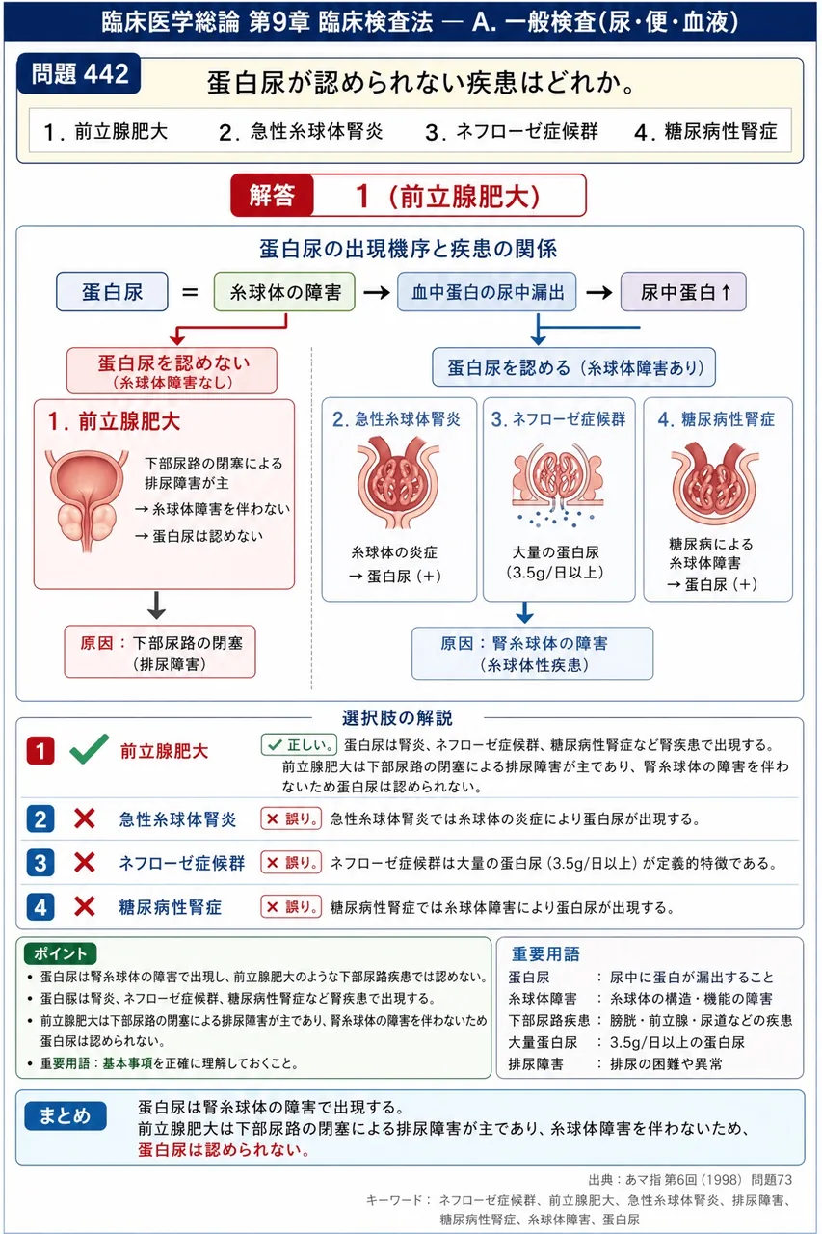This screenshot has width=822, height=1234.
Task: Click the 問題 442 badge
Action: (x=79, y=73)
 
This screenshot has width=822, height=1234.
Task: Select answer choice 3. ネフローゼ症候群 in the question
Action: (x=512, y=132)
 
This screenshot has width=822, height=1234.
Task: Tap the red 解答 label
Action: (x=272, y=196)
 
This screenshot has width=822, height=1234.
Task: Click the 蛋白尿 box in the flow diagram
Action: (x=113, y=292)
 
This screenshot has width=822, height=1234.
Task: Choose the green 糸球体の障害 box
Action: (x=284, y=292)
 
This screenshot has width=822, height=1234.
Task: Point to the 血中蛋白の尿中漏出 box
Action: (x=488, y=292)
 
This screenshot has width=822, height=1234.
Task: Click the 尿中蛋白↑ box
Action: (x=684, y=292)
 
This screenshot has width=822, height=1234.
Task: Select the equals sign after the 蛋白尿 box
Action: (x=191, y=292)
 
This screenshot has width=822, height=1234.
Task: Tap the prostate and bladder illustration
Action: (x=87, y=499)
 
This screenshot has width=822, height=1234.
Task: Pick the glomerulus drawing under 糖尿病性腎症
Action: (x=715, y=483)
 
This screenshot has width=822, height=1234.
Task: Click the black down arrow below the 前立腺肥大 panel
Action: (x=156, y=605)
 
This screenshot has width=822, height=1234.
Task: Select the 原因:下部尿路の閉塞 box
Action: (x=160, y=652)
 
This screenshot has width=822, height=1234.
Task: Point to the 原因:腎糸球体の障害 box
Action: (x=532, y=654)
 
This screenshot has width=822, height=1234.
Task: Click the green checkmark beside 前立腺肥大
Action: (x=90, y=749)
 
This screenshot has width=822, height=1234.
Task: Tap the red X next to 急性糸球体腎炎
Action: (x=84, y=818)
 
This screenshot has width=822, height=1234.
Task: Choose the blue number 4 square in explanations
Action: (x=40, y=907)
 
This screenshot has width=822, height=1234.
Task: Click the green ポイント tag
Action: (x=60, y=953)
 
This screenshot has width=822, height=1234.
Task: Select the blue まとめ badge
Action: (x=65, y=1115)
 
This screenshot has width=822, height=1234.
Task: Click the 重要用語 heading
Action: (x=545, y=954)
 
